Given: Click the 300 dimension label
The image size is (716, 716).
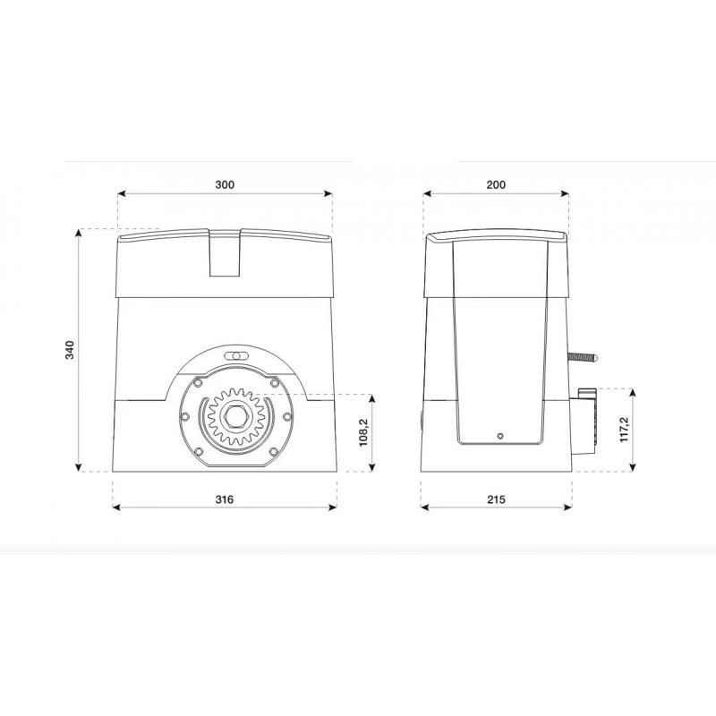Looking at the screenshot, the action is (225, 184).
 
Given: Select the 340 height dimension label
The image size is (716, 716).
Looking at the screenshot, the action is (70, 350).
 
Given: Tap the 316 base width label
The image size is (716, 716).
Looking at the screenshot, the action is (225, 499).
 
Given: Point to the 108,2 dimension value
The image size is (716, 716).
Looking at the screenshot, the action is (363, 432).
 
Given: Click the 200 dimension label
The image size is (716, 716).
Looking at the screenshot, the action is (496, 184).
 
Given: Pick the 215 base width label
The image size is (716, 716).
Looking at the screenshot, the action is (496, 499).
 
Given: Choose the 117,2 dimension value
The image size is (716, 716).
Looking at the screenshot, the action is (624, 430).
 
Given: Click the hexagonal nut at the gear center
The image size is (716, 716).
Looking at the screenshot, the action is (235, 416).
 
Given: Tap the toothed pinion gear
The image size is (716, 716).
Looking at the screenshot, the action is (235, 416).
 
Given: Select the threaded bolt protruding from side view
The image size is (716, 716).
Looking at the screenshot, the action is (583, 357).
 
